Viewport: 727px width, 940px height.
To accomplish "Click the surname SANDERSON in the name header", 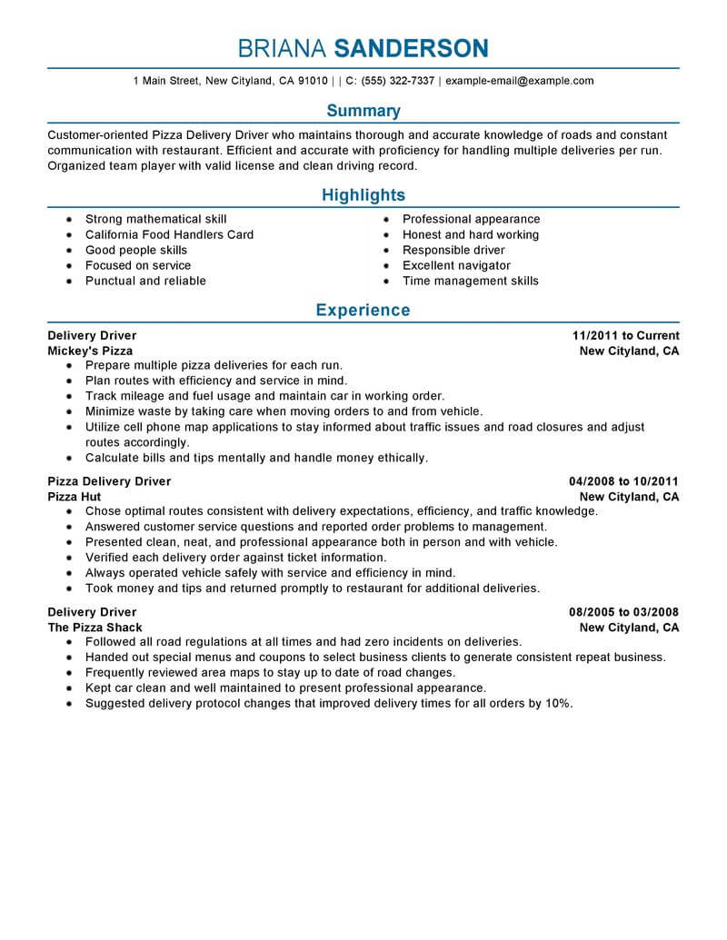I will pyautogui.click(x=411, y=47).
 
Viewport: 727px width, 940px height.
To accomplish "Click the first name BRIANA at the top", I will pyautogui.click(x=282, y=47).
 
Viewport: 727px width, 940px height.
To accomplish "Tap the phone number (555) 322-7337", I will pyautogui.click(x=397, y=81).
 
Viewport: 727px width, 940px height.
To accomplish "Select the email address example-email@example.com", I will pyautogui.click(x=520, y=81).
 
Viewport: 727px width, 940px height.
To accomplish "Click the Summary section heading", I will pyautogui.click(x=363, y=111).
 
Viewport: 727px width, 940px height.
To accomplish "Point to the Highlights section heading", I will pyautogui.click(x=363, y=195).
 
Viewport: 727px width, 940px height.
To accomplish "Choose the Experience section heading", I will pyautogui.click(x=363, y=311).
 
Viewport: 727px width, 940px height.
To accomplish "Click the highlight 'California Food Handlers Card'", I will pyautogui.click(x=169, y=234).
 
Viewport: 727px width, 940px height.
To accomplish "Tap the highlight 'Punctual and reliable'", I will pyautogui.click(x=145, y=281).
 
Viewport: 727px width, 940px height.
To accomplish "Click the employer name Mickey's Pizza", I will pyautogui.click(x=90, y=351).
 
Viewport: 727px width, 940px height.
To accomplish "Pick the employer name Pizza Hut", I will pyautogui.click(x=75, y=497).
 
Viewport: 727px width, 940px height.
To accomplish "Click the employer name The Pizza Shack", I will pyautogui.click(x=95, y=628).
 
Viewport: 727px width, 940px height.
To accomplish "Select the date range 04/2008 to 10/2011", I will pyautogui.click(x=623, y=481).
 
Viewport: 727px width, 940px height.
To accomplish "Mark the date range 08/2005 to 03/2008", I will pyautogui.click(x=623, y=612).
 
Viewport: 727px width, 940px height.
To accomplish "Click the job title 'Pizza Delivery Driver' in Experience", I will pyautogui.click(x=109, y=481).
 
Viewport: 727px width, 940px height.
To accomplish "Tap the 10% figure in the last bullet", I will pyautogui.click(x=559, y=704).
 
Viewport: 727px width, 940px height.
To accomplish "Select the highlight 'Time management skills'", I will pyautogui.click(x=470, y=281).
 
